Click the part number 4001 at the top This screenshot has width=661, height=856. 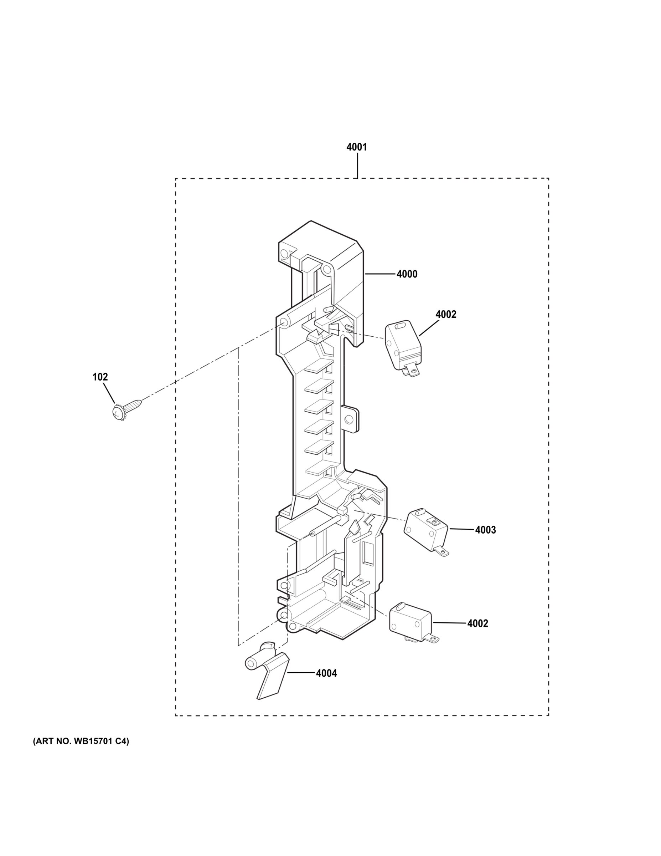(356, 147)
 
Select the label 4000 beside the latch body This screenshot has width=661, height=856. (407, 274)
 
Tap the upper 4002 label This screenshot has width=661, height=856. (446, 314)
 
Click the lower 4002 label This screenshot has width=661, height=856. (477, 623)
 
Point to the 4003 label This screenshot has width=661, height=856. (485, 530)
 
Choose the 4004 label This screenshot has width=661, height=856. (326, 673)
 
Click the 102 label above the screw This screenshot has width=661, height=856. (100, 377)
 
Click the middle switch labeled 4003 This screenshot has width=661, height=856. (425, 530)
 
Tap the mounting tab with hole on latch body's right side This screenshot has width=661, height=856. (350, 419)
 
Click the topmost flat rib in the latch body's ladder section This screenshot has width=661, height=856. (318, 367)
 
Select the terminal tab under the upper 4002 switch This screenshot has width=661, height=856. (412, 370)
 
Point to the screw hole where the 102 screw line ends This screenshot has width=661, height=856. (283, 322)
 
